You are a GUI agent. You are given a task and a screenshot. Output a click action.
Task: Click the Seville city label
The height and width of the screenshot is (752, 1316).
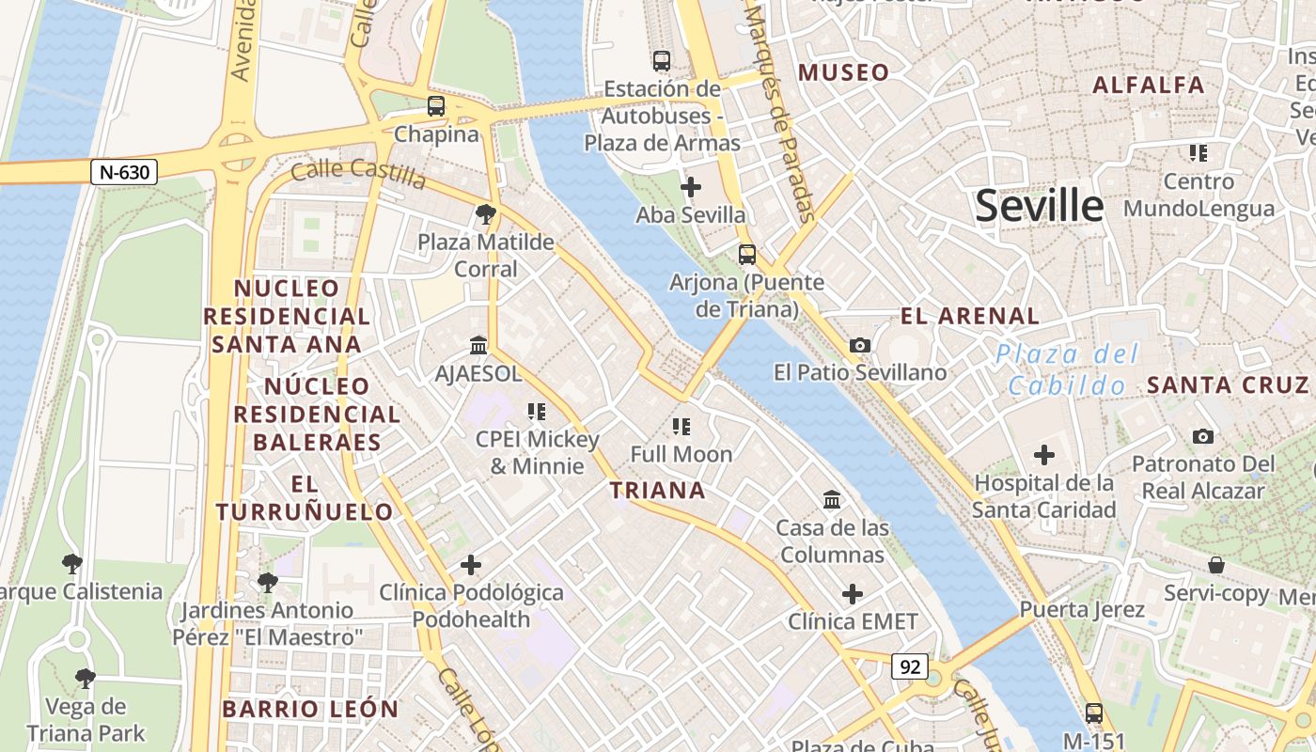(1039, 205)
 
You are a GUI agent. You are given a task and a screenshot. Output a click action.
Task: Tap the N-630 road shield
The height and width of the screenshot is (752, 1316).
(124, 172)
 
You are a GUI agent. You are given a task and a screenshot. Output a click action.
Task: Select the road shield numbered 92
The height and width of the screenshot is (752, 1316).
(910, 666)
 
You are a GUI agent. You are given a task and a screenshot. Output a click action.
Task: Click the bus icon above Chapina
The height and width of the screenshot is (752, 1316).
(436, 106)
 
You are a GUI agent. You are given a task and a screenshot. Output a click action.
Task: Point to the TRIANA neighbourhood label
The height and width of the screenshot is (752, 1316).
(657, 490)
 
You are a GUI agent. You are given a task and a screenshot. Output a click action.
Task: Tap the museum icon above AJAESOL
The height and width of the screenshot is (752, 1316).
(478, 346)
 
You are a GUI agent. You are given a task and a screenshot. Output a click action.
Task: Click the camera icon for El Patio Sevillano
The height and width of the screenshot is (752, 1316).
(859, 346)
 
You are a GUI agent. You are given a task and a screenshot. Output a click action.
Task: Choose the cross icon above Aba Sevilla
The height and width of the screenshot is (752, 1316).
(691, 187)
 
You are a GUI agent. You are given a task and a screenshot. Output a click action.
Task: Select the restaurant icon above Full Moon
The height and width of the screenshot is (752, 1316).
(681, 427)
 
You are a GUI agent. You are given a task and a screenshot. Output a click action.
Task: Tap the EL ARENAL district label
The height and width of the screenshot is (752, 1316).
(970, 316)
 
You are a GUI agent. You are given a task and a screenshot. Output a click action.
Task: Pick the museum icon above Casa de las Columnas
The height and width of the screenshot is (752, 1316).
(832, 499)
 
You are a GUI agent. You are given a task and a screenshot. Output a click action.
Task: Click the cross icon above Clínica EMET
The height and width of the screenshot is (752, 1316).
(853, 594)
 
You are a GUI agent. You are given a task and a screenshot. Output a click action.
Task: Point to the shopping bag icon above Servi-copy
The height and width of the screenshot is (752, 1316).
(1216, 565)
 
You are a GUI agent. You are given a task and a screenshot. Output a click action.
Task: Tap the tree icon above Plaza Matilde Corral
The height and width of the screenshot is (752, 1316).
(486, 214)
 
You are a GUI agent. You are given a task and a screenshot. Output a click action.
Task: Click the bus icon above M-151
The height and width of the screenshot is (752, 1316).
(1093, 713)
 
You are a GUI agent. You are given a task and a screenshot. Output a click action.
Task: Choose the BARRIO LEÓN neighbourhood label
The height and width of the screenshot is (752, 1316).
(311, 709)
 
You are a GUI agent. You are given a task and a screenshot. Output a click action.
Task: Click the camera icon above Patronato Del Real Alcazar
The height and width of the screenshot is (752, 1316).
(1202, 436)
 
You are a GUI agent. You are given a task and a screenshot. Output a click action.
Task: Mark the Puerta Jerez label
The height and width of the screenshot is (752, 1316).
(1082, 609)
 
